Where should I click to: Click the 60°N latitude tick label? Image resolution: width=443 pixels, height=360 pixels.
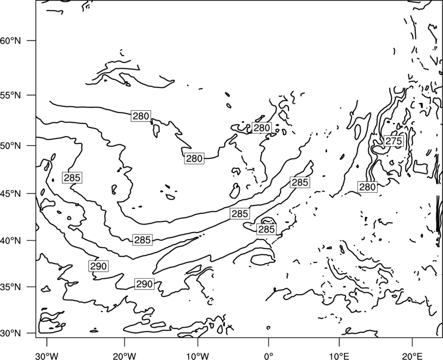11,40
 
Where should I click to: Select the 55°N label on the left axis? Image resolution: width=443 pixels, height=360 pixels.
11,95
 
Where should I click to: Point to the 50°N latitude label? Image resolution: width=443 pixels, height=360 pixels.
11,146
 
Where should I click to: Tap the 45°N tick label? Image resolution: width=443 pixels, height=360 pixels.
11,193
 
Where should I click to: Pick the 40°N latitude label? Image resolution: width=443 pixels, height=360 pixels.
11,240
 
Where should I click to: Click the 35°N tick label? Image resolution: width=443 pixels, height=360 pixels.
11,287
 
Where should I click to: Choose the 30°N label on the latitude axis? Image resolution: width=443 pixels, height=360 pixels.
11,333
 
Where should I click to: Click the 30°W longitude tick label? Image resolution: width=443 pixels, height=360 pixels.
47,356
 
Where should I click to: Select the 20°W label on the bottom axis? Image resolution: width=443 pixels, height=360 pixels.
124,356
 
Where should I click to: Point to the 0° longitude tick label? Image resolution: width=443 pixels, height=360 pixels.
269,356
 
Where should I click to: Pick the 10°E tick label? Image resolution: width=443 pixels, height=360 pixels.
339,356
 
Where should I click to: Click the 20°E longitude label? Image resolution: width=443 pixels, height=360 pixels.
412,356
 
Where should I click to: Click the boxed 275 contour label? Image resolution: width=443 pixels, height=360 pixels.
394,141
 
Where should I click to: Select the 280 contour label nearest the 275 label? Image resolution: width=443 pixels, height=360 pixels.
367,187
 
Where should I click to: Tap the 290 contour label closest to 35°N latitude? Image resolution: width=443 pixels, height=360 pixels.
145,284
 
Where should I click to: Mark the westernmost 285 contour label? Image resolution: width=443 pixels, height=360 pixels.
72,178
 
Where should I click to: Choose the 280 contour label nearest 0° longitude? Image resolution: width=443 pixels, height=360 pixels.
261,128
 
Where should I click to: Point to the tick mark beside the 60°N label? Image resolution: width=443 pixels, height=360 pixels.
32,40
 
